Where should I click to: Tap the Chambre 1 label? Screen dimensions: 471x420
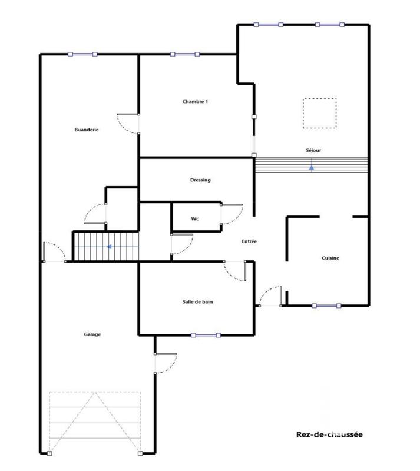(x=195, y=102)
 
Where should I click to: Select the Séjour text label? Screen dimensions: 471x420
(x=313, y=150)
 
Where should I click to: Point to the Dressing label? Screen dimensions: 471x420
(x=200, y=180)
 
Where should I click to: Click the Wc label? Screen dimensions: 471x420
(x=195, y=219)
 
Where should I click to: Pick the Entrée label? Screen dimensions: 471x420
(x=249, y=241)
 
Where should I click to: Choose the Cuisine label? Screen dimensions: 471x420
(x=330, y=258)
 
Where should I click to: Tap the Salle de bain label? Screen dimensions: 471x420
(x=197, y=302)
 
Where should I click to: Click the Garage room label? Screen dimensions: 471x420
(x=92, y=334)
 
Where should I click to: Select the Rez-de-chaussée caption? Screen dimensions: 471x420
(x=329, y=436)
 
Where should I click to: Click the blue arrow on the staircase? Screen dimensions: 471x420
(x=110, y=247)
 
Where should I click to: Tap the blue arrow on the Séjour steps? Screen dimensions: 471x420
(x=312, y=168)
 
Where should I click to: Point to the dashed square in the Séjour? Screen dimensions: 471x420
(x=319, y=113)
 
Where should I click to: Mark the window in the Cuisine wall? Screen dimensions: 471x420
(x=326, y=306)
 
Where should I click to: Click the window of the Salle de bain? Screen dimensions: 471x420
(x=206, y=335)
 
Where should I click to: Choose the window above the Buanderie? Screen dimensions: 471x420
(x=82, y=54)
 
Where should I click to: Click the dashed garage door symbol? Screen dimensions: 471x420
(x=95, y=422)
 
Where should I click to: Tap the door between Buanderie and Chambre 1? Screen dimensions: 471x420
(x=128, y=123)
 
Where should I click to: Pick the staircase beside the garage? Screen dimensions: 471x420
(x=105, y=246)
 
